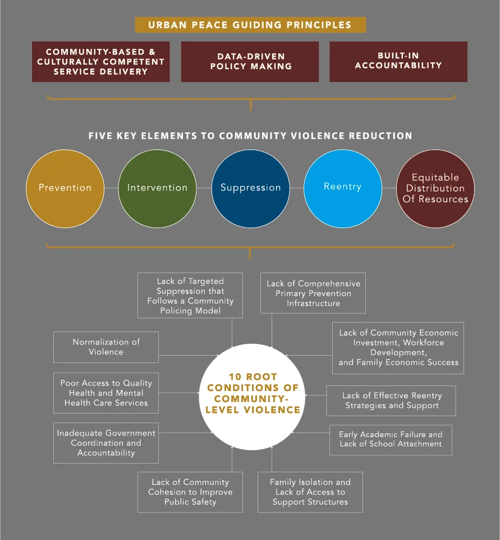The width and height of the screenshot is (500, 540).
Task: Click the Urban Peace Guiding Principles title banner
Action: pyautogui.click(x=250, y=25)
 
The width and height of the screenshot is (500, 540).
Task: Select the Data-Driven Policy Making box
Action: pyautogui.click(x=250, y=62)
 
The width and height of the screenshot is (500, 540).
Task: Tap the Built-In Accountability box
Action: pyautogui.click(x=398, y=62)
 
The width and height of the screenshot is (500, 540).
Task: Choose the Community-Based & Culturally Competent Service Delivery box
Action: pyautogui.click(x=100, y=62)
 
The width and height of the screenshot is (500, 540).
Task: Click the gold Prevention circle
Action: pyautogui.click(x=65, y=188)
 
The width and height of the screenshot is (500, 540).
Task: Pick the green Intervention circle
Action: pyautogui.click(x=157, y=188)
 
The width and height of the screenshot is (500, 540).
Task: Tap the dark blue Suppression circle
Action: pyautogui.click(x=250, y=188)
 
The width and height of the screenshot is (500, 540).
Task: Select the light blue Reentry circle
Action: pyautogui.click(x=342, y=188)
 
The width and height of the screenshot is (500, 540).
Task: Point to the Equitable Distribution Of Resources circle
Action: pyautogui.click(x=435, y=188)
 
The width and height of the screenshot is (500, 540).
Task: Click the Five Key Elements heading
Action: pyautogui.click(x=250, y=136)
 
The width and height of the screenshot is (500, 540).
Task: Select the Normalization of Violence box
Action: pyautogui.click(x=106, y=347)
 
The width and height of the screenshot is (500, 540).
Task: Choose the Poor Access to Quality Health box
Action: pyautogui.click(x=106, y=393)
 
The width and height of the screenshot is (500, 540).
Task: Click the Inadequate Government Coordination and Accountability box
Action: pyautogui.click(x=106, y=443)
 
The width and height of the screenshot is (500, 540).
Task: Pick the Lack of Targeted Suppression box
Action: pyautogui.click(x=190, y=296)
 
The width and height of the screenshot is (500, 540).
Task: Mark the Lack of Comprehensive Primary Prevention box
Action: pyautogui.click(x=313, y=293)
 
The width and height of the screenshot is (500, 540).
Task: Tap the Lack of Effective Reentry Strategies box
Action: pyautogui.click(x=391, y=401)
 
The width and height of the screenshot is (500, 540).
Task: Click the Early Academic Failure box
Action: pyautogui.click(x=391, y=439)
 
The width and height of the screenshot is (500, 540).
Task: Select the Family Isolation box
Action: pyautogui.click(x=310, y=492)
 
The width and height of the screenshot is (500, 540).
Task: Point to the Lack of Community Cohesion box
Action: pyautogui.click(x=190, y=492)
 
